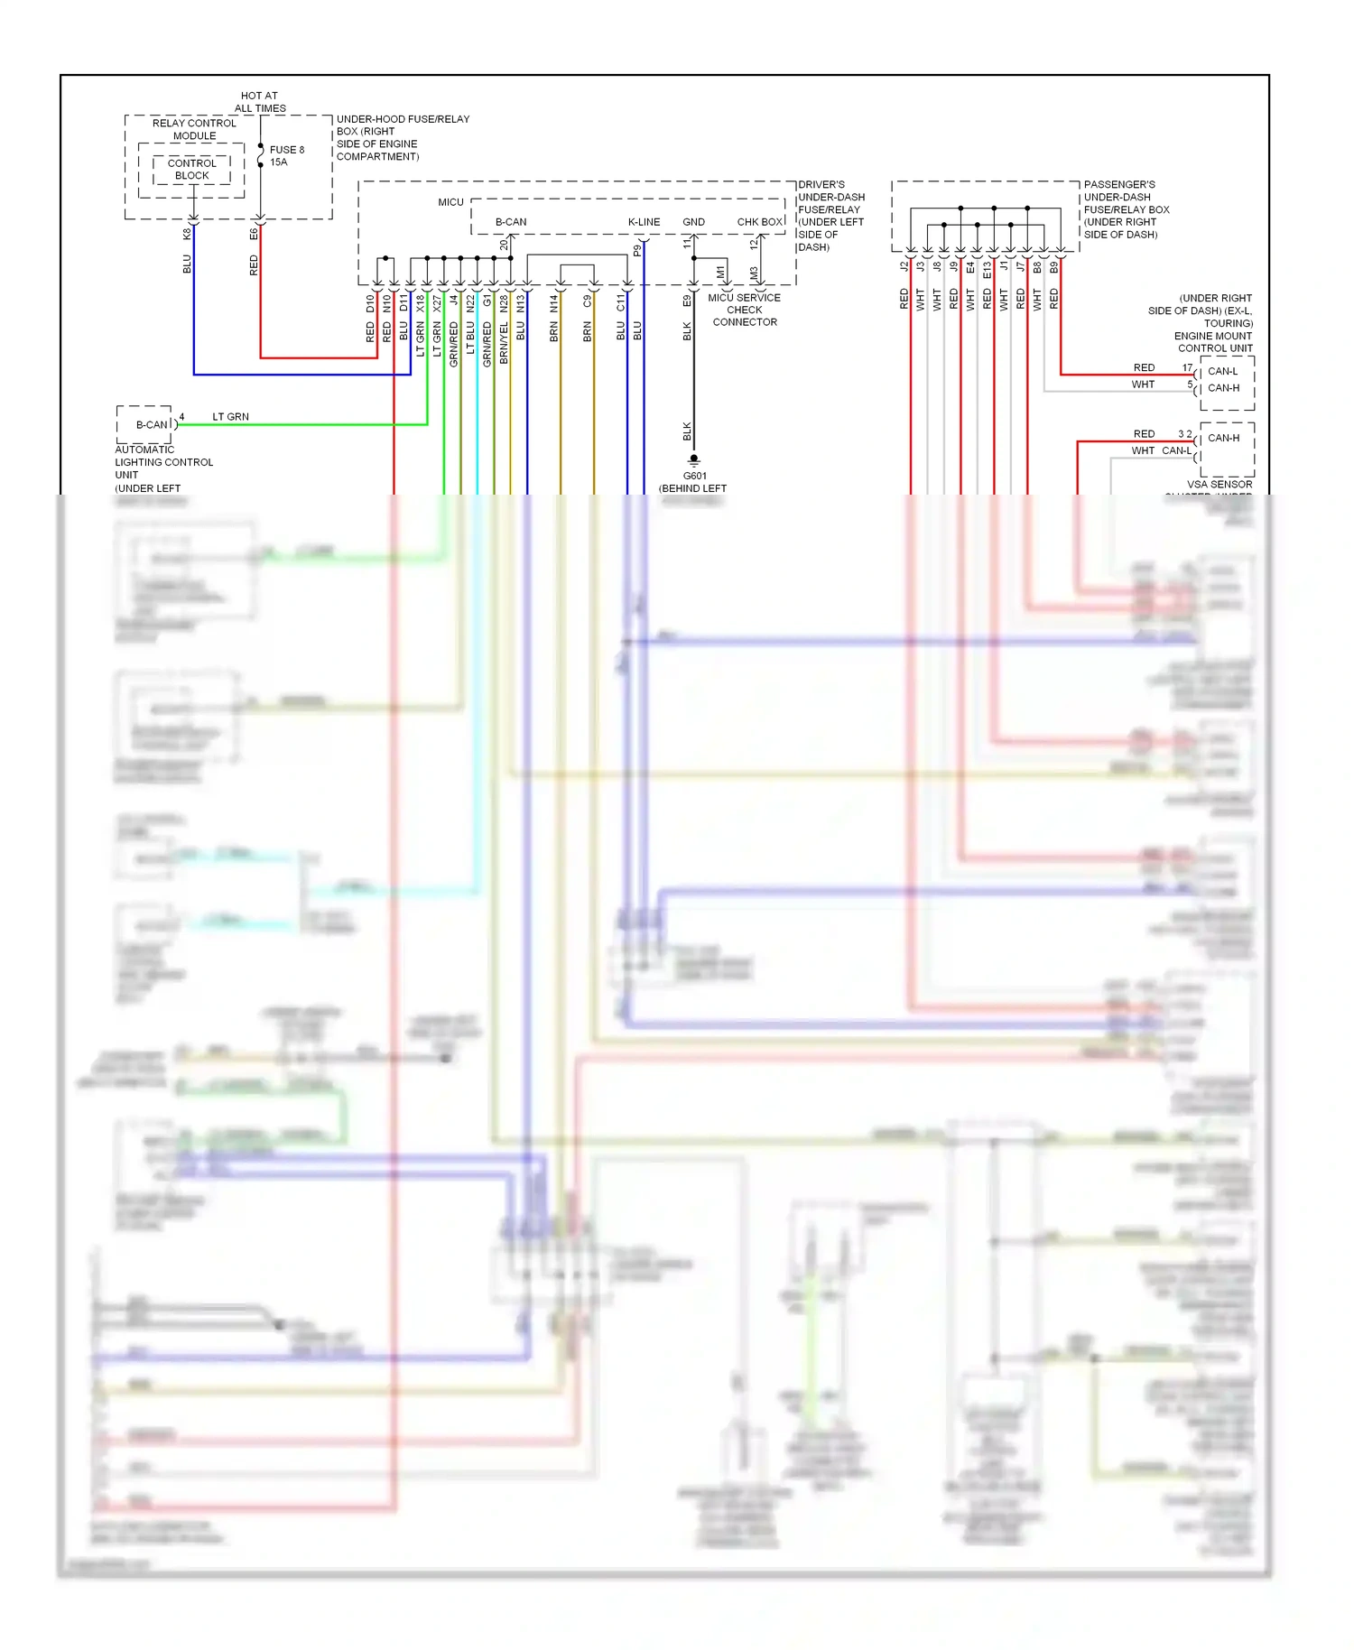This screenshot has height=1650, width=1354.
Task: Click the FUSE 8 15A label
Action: click(x=286, y=155)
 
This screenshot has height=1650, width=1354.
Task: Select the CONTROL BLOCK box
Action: click(x=191, y=169)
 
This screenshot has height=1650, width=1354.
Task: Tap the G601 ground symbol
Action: click(x=693, y=460)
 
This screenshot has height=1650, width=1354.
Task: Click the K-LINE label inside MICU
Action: click(x=644, y=221)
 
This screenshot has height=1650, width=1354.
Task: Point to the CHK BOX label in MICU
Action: click(x=759, y=221)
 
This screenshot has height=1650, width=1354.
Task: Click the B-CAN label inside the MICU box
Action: click(x=510, y=221)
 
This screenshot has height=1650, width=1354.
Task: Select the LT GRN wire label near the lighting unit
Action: click(x=230, y=416)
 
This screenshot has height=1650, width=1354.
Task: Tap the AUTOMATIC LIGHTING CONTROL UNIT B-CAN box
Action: click(x=146, y=424)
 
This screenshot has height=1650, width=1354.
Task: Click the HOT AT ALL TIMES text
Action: click(x=260, y=101)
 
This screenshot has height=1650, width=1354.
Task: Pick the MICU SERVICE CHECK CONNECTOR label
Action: click(x=744, y=310)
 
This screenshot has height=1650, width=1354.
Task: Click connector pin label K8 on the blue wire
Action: click(x=187, y=234)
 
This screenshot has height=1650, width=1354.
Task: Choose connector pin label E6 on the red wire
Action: click(x=254, y=234)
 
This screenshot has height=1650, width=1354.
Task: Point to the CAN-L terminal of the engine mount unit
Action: click(x=1222, y=371)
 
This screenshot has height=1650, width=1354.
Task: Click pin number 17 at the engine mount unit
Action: click(x=1187, y=367)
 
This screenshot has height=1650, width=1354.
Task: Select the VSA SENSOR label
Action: click(x=1219, y=484)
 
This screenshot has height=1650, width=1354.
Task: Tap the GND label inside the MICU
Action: click(x=693, y=221)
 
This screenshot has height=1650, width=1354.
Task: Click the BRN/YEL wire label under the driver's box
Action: click(x=504, y=343)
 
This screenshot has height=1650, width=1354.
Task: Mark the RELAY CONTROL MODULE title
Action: click(x=194, y=129)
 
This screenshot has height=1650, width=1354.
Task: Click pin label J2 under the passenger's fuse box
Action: click(x=904, y=266)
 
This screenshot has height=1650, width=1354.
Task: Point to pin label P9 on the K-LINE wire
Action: click(x=636, y=250)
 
